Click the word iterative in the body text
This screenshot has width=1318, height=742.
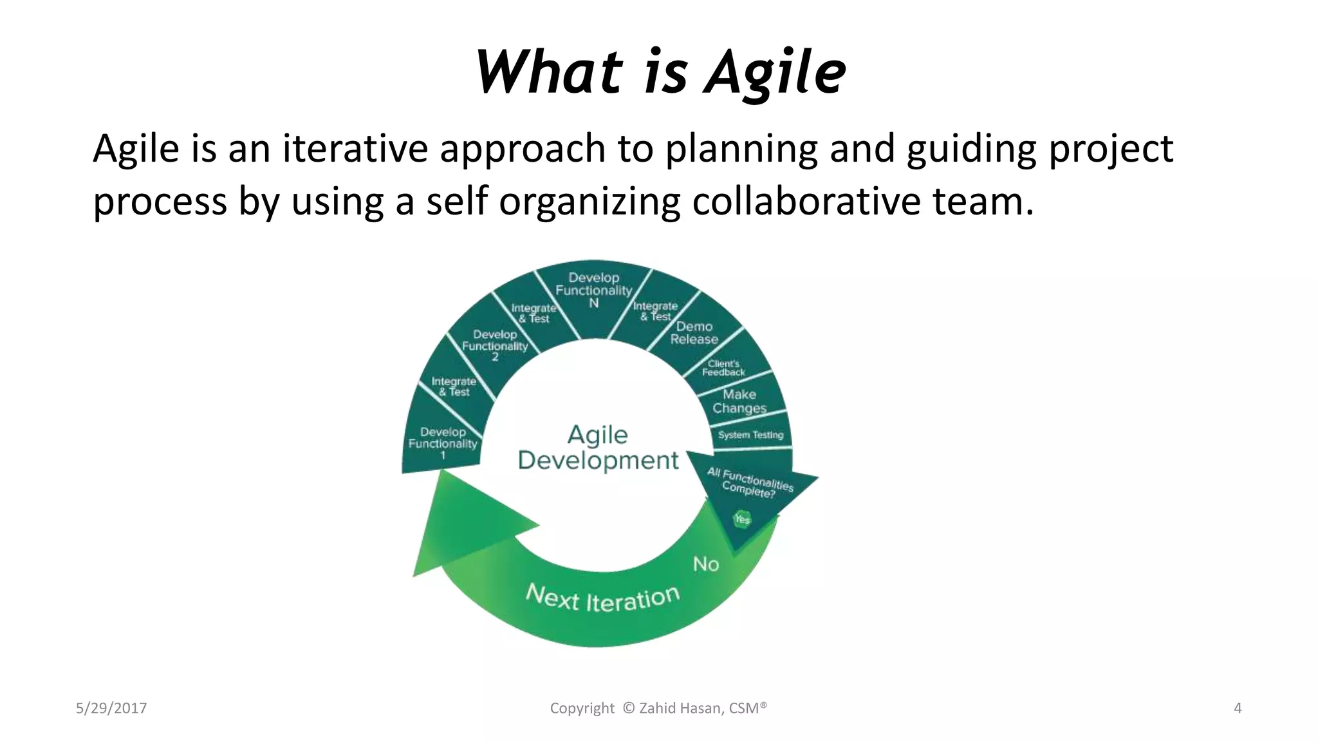(x=355, y=149)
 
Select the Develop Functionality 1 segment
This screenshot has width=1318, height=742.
(x=443, y=443)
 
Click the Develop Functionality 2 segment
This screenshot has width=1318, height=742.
(x=495, y=345)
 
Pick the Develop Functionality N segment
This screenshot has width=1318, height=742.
(x=593, y=290)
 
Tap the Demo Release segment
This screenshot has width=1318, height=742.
(x=694, y=333)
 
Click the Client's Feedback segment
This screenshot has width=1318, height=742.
(x=723, y=368)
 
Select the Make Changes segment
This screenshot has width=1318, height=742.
(x=739, y=401)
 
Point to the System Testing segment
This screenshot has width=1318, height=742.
(x=750, y=435)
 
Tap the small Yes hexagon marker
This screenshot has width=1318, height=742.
(x=742, y=518)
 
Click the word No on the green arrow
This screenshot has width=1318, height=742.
(x=705, y=564)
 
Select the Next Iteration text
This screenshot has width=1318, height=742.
(x=602, y=598)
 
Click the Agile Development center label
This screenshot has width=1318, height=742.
(x=598, y=448)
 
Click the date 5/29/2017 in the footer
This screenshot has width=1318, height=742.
(x=111, y=709)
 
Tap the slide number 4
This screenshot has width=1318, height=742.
(x=1237, y=709)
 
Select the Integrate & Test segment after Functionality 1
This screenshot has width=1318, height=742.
(x=454, y=386)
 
